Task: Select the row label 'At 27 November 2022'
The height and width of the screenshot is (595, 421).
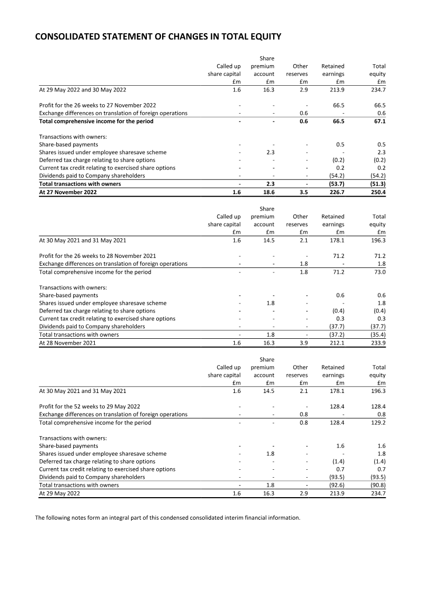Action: [68, 192]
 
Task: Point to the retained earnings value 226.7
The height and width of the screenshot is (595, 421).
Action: [336, 192]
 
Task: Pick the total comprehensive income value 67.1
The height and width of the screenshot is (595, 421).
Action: [378, 121]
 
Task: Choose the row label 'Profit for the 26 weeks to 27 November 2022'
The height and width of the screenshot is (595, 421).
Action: [97, 105]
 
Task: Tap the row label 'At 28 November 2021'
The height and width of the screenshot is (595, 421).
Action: [67, 343]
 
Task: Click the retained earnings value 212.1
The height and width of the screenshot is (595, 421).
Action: [336, 343]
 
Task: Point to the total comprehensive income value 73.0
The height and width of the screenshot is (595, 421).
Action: [378, 272]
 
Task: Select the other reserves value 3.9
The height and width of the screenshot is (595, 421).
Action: [303, 343]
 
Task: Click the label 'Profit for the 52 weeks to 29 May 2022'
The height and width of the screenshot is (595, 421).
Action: [89, 407]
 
